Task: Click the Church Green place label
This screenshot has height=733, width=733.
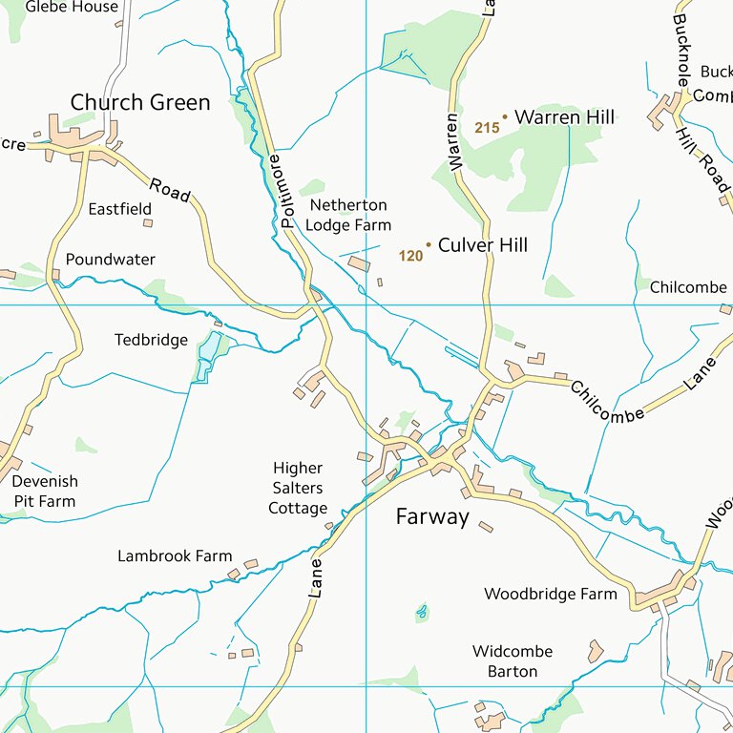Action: tap(140, 103)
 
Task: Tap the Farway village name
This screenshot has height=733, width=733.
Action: tap(432, 517)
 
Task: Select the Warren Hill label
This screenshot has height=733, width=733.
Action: tap(564, 117)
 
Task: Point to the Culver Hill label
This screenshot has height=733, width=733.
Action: tap(482, 245)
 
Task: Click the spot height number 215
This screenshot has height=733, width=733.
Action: tap(486, 127)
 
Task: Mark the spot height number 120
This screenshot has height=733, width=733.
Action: tap(410, 256)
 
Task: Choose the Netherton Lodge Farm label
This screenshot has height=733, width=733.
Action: tap(348, 216)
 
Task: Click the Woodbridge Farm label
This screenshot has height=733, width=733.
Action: tap(551, 594)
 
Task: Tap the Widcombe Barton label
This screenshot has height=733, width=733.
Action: tap(513, 661)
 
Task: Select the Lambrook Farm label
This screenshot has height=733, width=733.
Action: tap(175, 555)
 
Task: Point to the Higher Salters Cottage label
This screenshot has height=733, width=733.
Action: tap(298, 488)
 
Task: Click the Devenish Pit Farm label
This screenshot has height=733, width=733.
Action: tap(44, 492)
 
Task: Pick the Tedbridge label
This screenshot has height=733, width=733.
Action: tap(151, 340)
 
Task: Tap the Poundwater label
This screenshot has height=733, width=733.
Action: tap(110, 259)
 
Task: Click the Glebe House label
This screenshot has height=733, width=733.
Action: tap(72, 7)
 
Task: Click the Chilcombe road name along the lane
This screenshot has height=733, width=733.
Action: tap(607, 402)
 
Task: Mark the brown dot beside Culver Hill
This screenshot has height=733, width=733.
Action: tap(429, 245)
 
